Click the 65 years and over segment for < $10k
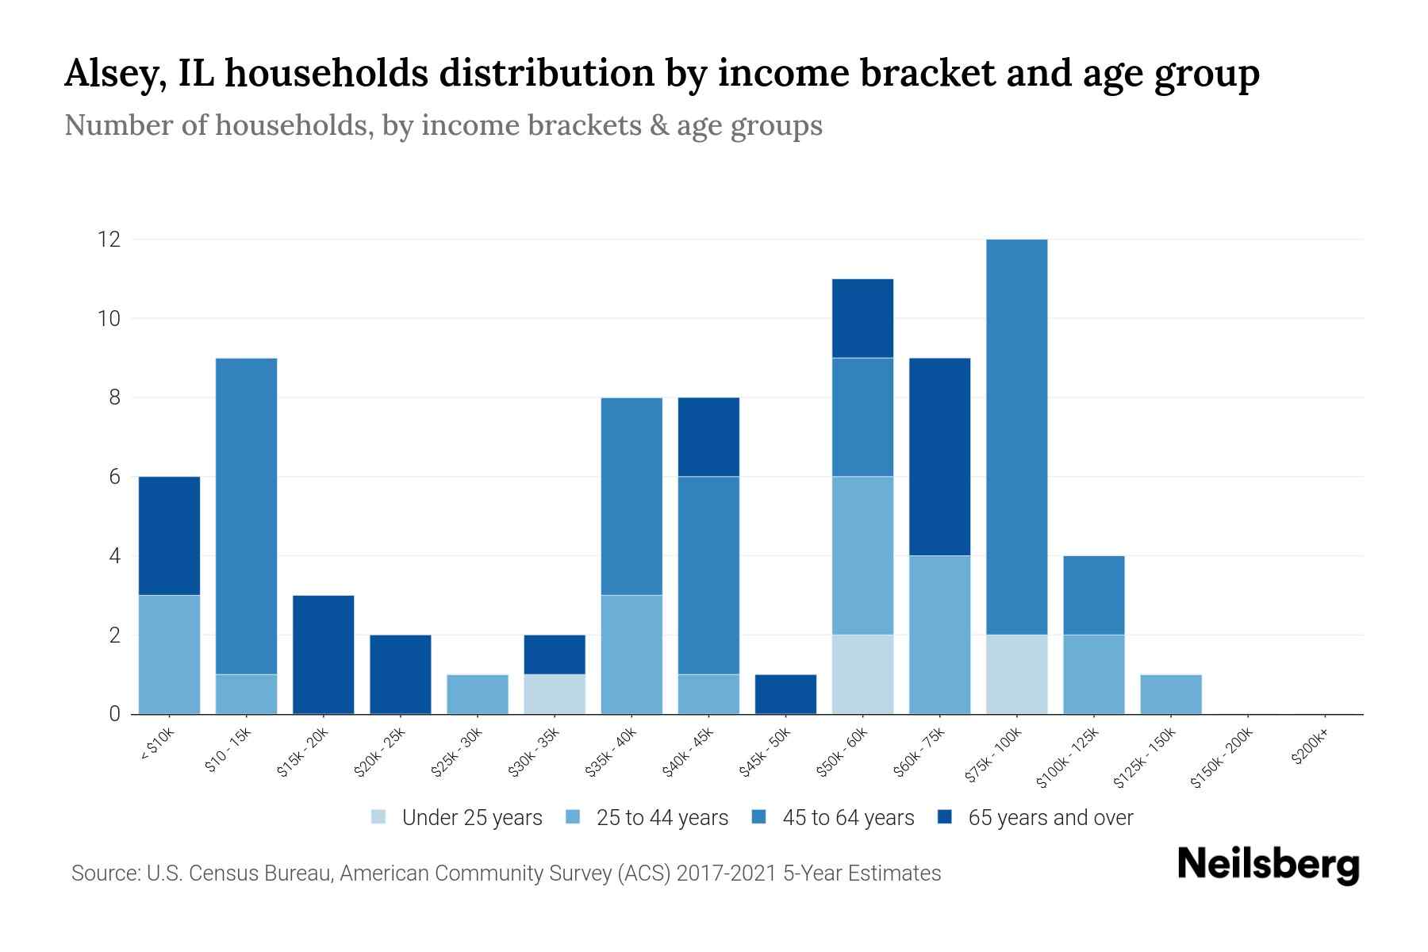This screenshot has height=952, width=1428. [169, 535]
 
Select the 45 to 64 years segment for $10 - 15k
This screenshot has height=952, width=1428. [247, 516]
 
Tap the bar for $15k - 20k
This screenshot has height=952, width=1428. [324, 654]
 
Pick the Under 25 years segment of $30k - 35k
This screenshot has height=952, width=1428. [555, 694]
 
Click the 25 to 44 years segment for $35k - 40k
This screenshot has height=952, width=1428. [631, 654]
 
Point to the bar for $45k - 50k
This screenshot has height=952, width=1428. [785, 694]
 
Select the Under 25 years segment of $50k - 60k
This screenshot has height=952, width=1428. [862, 674]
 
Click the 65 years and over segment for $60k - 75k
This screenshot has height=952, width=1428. [939, 456]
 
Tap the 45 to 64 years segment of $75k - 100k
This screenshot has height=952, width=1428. [1016, 436]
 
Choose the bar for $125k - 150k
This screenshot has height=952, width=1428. [1171, 694]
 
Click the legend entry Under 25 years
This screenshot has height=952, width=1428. [457, 818]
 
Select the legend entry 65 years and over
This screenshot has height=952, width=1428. [1035, 818]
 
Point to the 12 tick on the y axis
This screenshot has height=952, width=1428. [109, 239]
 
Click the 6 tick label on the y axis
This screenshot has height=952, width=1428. [115, 477]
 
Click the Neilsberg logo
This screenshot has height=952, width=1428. [1268, 865]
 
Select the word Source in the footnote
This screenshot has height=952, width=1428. [104, 873]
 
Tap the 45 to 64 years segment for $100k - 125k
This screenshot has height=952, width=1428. [1094, 595]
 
